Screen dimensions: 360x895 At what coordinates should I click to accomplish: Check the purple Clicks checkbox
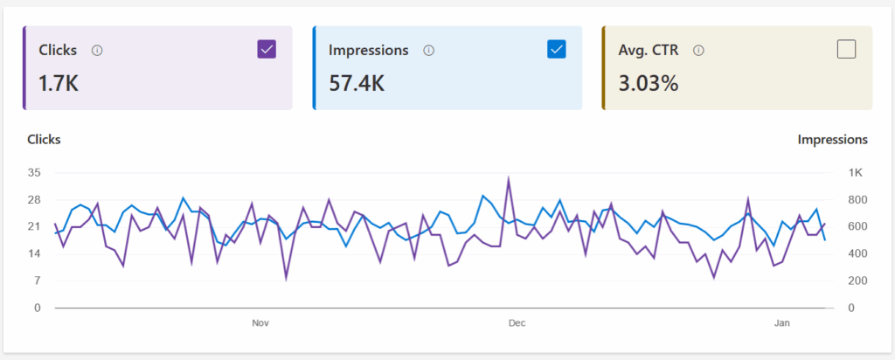click(267, 50)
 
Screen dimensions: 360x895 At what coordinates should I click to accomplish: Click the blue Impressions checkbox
click(556, 50)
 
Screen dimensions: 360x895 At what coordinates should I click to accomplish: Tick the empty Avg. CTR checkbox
click(846, 50)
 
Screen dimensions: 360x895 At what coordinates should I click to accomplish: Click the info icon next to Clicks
click(97, 51)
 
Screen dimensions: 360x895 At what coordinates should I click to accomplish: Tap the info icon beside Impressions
click(429, 51)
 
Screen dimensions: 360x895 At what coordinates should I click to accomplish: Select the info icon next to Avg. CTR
click(698, 51)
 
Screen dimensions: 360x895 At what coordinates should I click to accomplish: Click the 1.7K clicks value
click(59, 83)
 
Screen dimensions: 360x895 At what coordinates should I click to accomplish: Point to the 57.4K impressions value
click(357, 83)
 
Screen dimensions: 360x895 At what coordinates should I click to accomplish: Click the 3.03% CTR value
click(647, 83)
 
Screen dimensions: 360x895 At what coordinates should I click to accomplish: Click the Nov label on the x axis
click(260, 323)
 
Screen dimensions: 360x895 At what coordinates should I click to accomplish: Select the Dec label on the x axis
click(517, 323)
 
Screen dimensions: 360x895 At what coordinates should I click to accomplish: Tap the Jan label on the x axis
click(782, 323)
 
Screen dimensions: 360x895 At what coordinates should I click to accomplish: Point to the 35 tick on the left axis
click(35, 173)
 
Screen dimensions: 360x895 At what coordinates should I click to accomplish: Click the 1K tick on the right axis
click(844, 173)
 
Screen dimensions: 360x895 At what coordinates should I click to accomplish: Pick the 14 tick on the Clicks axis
click(35, 253)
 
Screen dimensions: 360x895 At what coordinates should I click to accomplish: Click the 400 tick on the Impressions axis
click(844, 253)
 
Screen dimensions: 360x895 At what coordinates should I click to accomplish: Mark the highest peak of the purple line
click(509, 179)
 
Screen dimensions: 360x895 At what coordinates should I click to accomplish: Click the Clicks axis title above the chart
click(44, 139)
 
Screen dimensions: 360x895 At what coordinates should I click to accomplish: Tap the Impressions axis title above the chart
click(832, 139)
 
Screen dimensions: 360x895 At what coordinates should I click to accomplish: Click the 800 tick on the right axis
click(844, 200)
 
